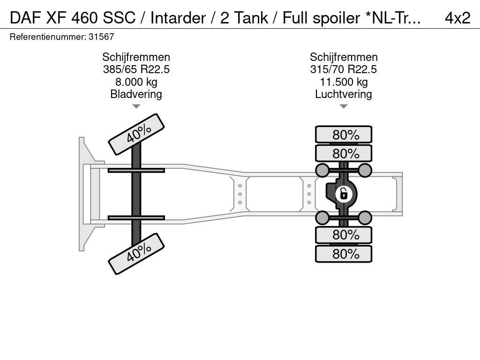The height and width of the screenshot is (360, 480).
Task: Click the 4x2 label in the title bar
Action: click(457, 17)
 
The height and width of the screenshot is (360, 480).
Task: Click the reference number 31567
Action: click(101, 37)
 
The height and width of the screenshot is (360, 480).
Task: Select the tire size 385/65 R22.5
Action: click(136, 69)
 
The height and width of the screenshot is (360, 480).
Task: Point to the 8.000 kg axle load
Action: click(136, 82)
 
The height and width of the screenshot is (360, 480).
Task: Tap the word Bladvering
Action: click(136, 94)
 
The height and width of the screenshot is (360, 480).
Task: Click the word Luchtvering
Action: click(344, 94)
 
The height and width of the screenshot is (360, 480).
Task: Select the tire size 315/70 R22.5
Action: click(344, 69)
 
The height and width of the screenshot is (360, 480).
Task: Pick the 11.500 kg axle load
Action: click(344, 82)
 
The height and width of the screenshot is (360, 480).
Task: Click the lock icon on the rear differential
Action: click(344, 193)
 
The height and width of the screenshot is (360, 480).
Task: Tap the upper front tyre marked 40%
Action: click(136, 134)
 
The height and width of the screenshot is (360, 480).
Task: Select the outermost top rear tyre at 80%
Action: click(344, 135)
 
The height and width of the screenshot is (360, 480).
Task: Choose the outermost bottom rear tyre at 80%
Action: click(344, 254)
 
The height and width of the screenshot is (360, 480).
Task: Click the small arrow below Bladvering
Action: click(136, 106)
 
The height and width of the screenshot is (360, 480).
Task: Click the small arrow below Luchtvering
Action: click(344, 106)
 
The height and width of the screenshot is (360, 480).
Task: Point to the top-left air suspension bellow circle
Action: click(322, 170)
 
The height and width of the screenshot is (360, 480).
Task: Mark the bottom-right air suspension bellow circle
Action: click(365, 217)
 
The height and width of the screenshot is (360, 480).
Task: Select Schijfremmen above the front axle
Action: click(136, 57)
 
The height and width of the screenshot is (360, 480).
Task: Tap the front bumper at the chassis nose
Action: click(82, 194)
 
